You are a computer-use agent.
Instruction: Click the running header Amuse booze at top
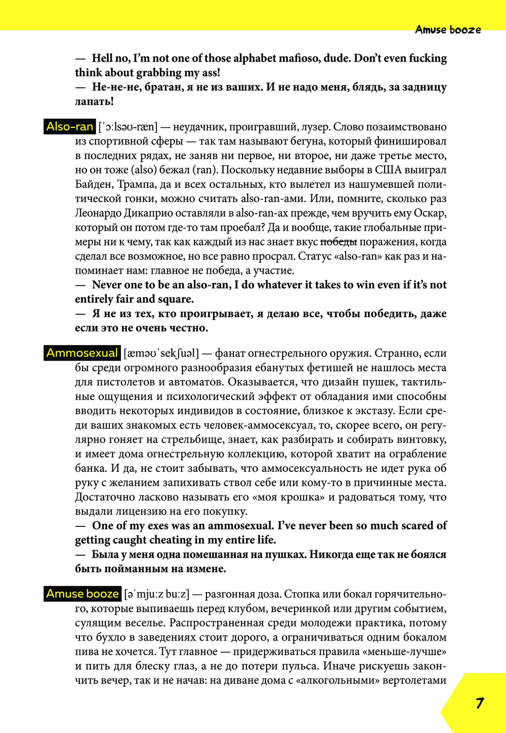(448, 30)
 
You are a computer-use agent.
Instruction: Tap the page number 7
(479, 703)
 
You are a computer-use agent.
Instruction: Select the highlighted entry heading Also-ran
(70, 126)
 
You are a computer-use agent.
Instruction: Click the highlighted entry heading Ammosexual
(82, 353)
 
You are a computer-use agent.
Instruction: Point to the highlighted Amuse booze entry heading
(82, 594)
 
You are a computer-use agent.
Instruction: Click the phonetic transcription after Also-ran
(128, 127)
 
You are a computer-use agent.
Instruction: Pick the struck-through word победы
(339, 242)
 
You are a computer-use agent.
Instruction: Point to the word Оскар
(432, 213)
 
